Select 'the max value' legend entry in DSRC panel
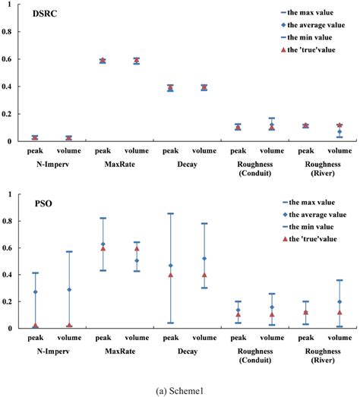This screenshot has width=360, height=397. pos(309,13)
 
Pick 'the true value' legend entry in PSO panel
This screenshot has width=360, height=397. pos(311,240)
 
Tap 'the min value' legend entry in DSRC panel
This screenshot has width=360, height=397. pos(308,37)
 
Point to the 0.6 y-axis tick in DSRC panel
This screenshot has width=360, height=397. pos(9,60)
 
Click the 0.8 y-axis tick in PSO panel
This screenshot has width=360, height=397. pos(9,221)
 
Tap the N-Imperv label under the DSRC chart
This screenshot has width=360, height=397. pos(52,163)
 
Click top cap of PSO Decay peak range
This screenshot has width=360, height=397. pos(170,213)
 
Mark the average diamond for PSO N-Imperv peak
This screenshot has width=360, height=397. pos(35,291)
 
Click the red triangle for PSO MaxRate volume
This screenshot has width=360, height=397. pos(137,248)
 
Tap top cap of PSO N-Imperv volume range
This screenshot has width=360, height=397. pos(69,251)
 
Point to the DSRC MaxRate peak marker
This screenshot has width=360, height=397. pos(103,61)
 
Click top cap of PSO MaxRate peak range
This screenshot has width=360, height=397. pos(103,218)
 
